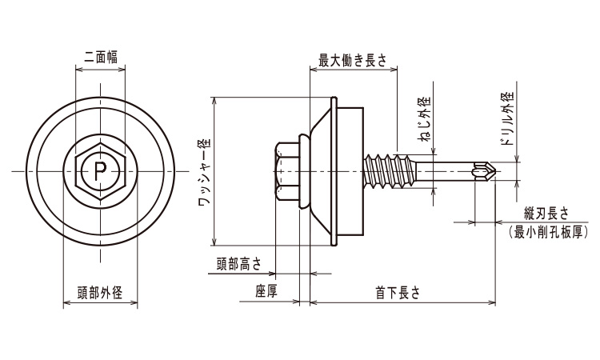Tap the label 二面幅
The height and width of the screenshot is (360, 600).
coord(101,56)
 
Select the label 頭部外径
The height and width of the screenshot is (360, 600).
coord(100,292)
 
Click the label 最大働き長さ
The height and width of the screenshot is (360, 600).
coord(352,60)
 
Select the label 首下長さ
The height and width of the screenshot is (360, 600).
coord(398,292)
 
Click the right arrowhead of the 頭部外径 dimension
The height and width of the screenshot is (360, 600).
coord(135,303)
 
